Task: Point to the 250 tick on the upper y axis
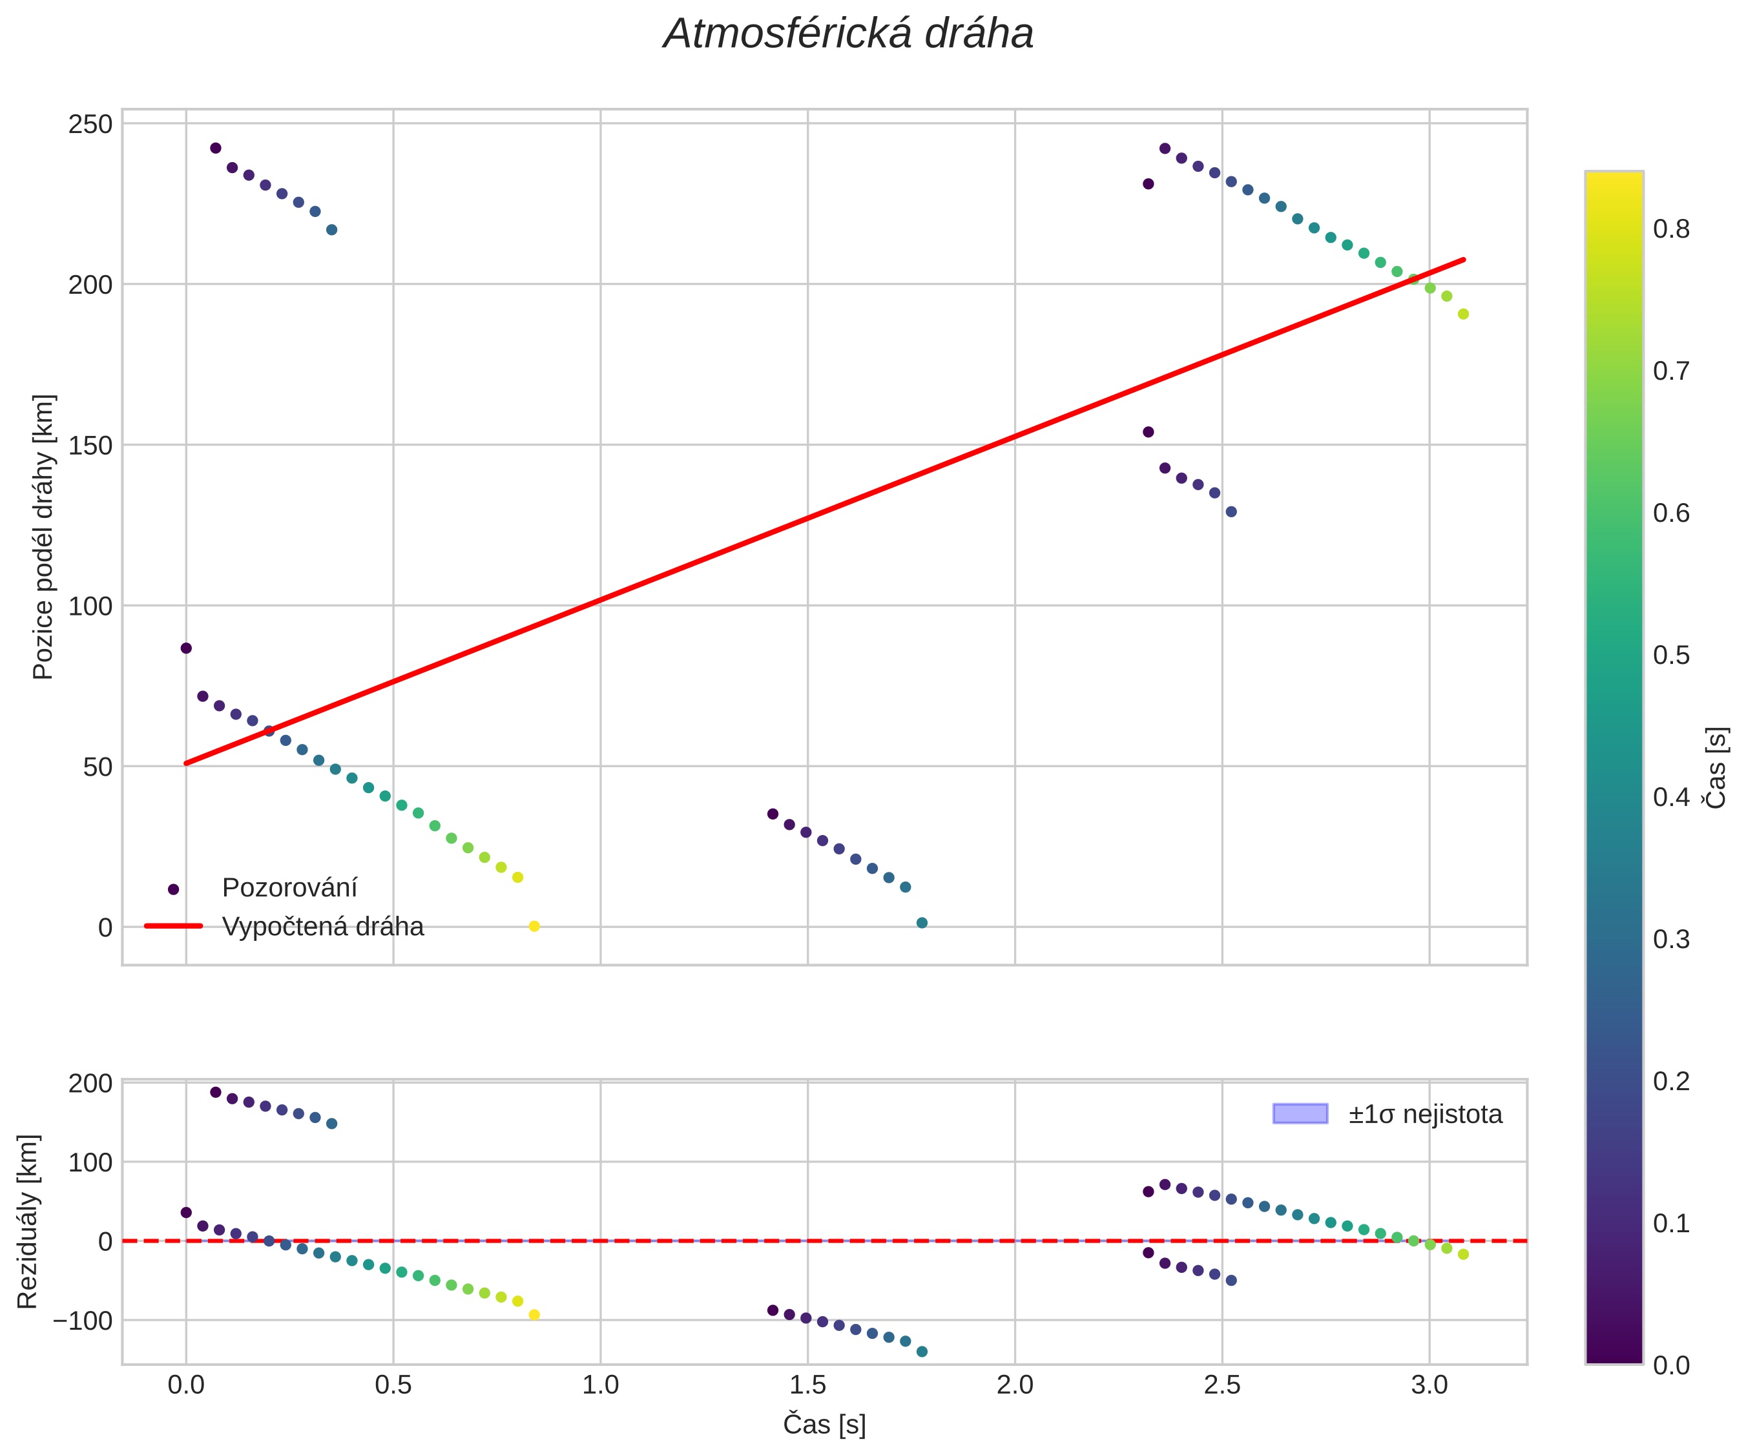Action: point(90,125)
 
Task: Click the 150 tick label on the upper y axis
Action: point(90,446)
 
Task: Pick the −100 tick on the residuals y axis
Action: point(82,1320)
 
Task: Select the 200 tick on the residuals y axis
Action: point(90,1084)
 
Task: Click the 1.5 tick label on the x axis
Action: point(807,1385)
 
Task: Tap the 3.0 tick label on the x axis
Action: point(1429,1385)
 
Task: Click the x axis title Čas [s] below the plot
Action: point(824,1424)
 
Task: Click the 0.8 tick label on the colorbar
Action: point(1671,229)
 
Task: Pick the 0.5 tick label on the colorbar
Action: point(1671,655)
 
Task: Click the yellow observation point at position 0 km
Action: point(535,926)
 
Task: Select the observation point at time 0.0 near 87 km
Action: point(186,648)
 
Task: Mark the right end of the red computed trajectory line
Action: point(1464,260)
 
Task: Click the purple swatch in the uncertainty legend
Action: point(1300,1113)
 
